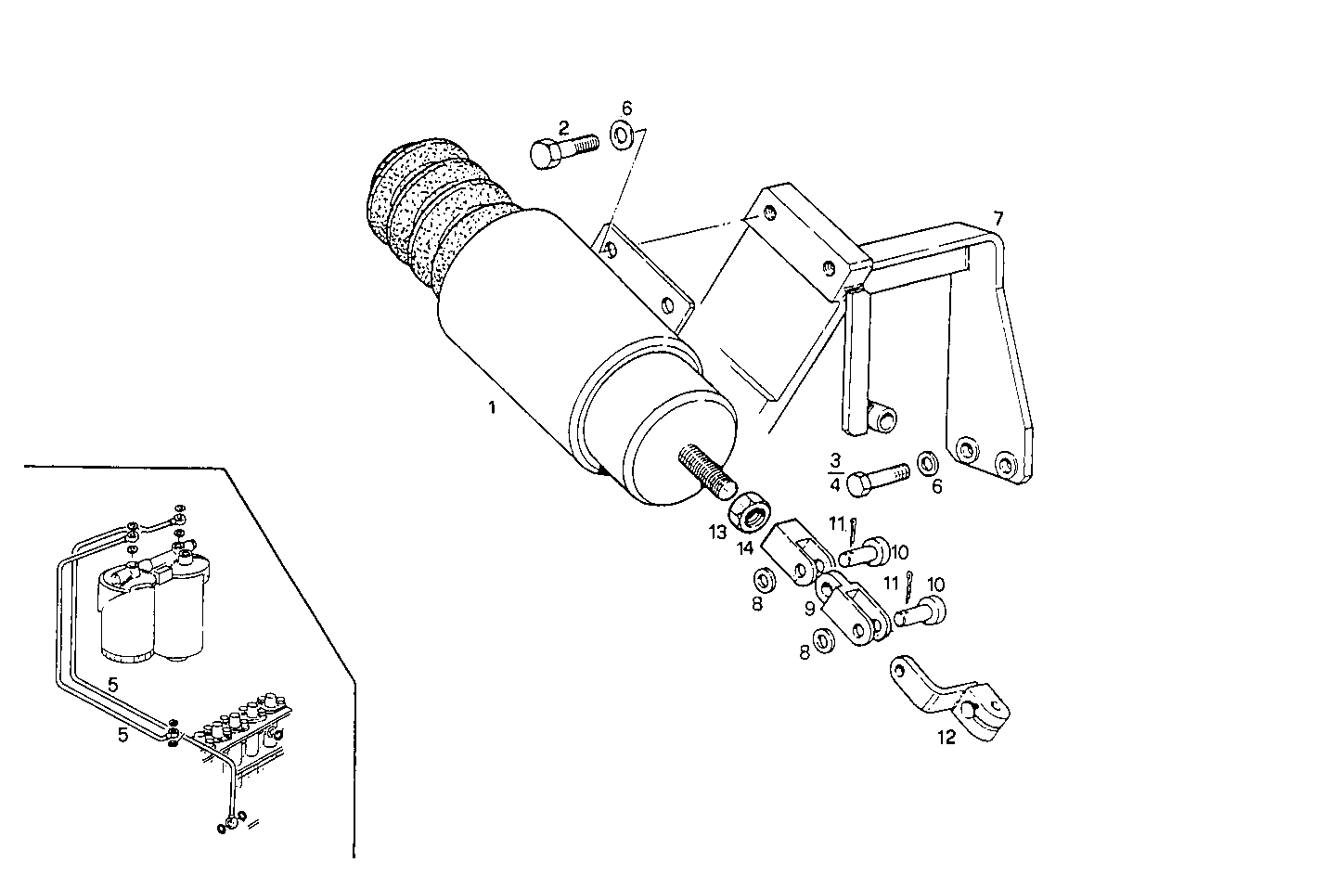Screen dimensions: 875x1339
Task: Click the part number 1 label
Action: pos(493,406)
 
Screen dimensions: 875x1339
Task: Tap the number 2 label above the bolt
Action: pos(563,127)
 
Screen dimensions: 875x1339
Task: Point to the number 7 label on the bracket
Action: pos(998,219)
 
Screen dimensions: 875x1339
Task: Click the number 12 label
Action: pos(946,739)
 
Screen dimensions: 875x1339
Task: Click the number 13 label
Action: pos(716,532)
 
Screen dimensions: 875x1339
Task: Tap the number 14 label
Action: pos(744,548)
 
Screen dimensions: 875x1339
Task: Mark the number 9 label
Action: pos(809,608)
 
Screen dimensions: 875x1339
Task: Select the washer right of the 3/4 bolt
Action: pos(927,462)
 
